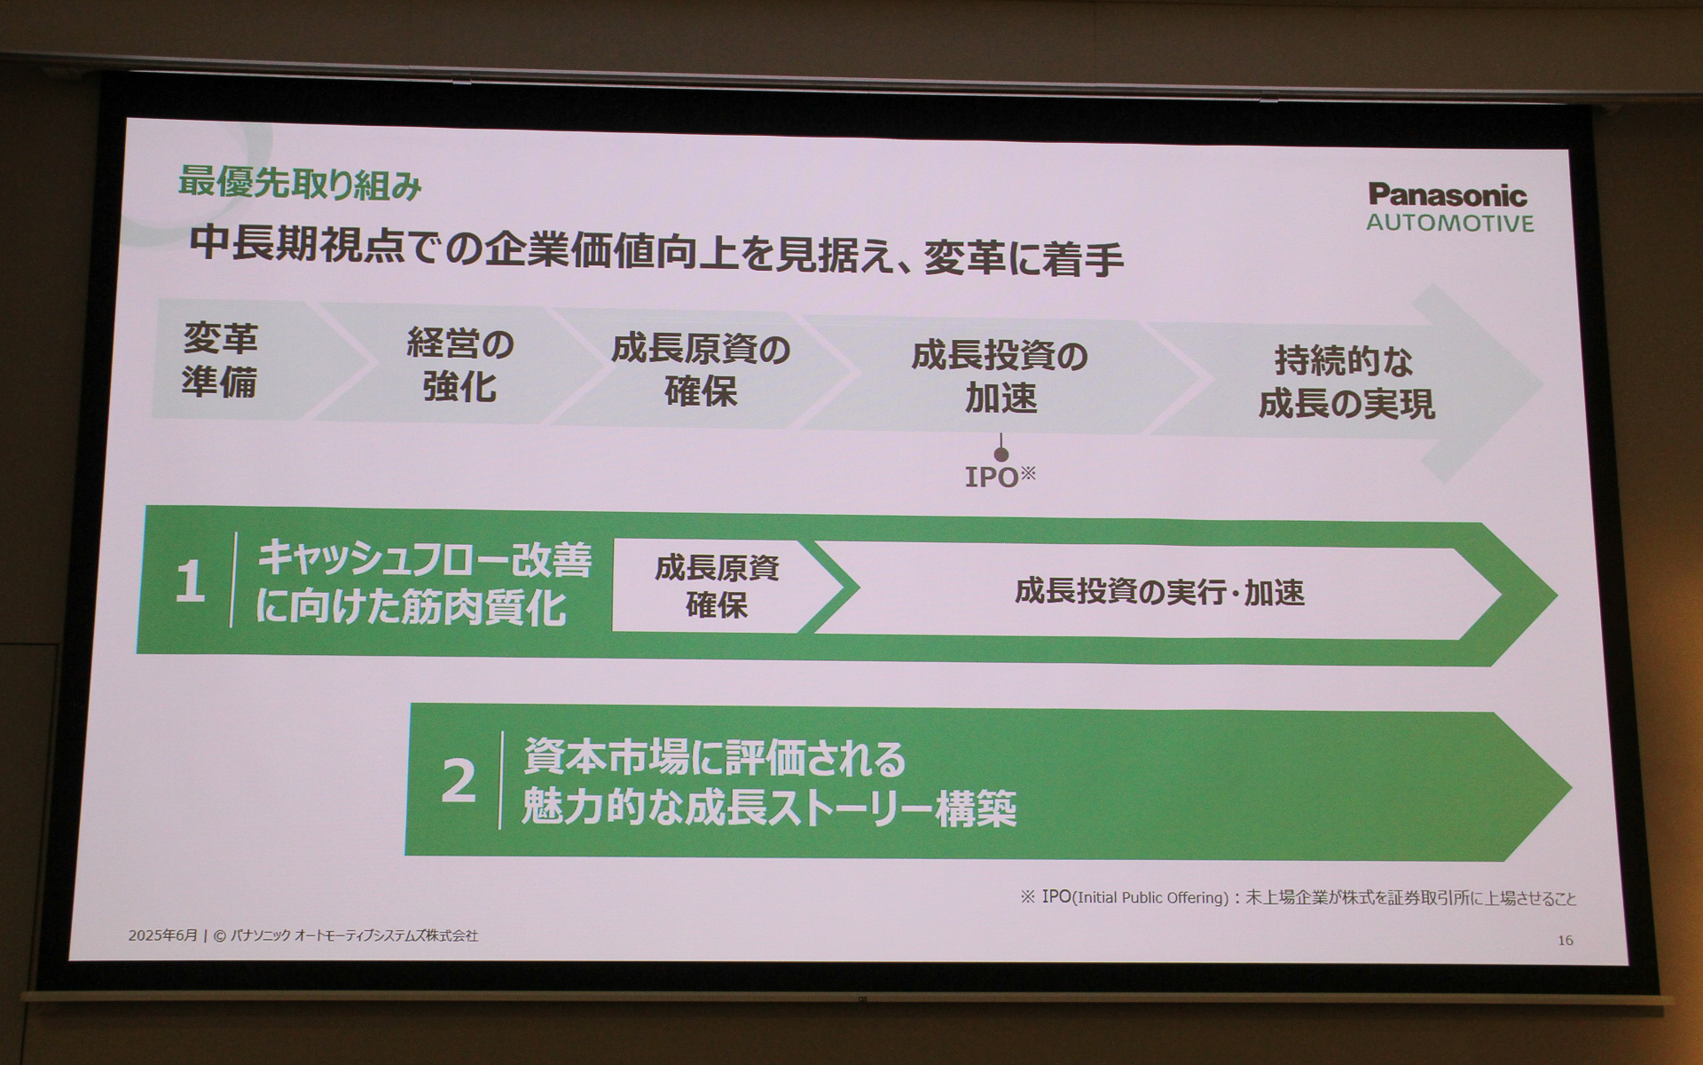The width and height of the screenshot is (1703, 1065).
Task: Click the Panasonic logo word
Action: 1448,195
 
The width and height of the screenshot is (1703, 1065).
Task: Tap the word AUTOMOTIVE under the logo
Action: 1449,223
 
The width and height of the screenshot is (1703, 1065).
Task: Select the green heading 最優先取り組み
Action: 300,184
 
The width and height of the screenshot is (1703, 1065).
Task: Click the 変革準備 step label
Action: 220,360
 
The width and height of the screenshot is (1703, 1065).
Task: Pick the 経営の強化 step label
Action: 460,365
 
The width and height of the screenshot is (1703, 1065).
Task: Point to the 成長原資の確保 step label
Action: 701,370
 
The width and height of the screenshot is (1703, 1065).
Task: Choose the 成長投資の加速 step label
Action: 1000,377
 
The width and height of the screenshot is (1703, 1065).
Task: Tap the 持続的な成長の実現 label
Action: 1346,383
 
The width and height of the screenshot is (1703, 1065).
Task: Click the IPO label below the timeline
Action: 993,477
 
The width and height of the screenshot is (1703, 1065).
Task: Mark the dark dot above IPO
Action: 1001,454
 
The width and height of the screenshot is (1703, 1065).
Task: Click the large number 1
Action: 190,583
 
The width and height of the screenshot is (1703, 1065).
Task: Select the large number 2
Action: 458,781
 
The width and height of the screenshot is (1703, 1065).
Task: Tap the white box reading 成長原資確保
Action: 717,587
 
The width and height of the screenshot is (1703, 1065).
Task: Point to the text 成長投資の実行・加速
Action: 1159,592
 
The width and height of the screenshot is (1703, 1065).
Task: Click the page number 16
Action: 1565,940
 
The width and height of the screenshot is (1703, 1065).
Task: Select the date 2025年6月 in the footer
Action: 162,935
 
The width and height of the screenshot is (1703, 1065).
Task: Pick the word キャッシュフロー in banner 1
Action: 383,560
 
